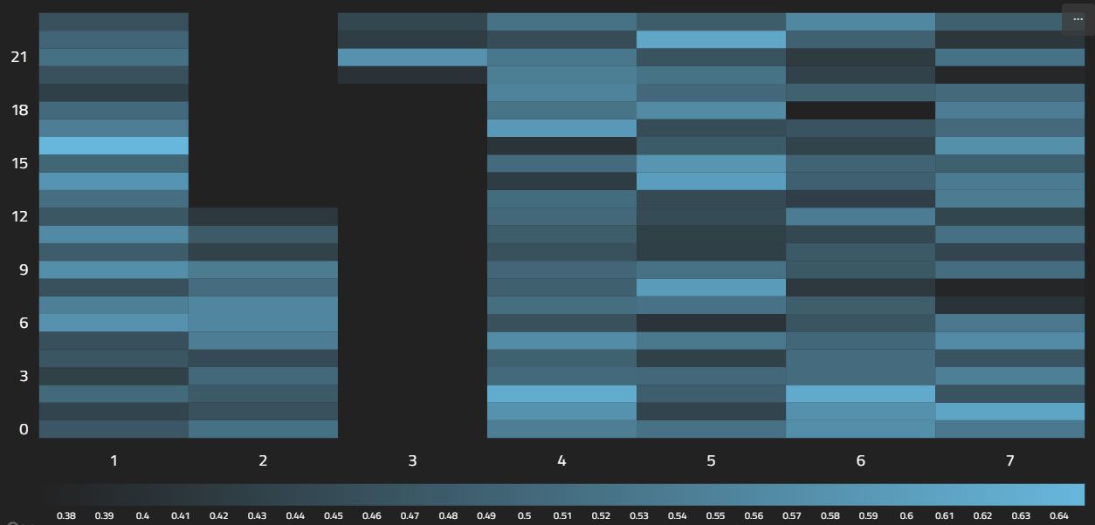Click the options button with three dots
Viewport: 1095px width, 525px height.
tap(1078, 19)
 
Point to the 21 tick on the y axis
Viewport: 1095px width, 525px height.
tap(19, 57)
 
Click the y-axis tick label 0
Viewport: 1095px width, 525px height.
tap(24, 429)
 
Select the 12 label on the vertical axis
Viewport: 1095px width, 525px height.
tap(19, 216)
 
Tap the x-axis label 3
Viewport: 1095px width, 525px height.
tap(412, 460)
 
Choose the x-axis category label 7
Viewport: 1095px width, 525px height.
tap(1009, 460)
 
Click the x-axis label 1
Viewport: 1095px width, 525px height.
tap(114, 460)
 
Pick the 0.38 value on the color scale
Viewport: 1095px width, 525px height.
tap(66, 515)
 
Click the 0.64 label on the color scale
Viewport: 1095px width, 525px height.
tap(1059, 515)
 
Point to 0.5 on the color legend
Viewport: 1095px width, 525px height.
tap(524, 515)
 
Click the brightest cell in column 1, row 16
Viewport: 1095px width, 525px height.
tap(114, 146)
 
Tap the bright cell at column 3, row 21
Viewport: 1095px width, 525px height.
tap(412, 57)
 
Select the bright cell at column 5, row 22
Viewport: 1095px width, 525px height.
tap(711, 39)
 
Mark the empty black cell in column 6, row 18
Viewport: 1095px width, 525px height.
tap(860, 110)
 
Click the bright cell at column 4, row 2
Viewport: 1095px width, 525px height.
tap(561, 393)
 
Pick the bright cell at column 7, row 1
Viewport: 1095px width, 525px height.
tap(1009, 412)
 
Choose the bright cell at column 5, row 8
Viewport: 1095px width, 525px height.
tap(711, 287)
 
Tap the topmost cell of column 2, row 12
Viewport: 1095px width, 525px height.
tap(263, 216)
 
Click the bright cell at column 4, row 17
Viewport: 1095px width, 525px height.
tap(561, 128)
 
